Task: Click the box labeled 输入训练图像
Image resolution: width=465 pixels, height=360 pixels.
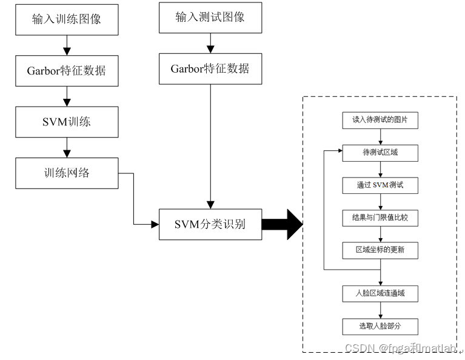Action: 67,18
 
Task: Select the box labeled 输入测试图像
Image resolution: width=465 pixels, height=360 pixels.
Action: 210,17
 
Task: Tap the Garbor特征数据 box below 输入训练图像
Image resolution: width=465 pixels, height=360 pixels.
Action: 67,70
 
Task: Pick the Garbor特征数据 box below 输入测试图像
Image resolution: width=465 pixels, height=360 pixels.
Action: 210,68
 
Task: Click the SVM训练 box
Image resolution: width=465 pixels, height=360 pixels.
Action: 67,121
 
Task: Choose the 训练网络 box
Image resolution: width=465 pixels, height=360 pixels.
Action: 67,173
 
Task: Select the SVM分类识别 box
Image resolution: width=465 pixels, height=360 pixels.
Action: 210,225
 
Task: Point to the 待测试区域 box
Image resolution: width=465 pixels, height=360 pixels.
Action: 380,153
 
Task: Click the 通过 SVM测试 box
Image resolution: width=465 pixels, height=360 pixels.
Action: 380,185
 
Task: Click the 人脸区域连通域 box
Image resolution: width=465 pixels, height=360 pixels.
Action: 380,294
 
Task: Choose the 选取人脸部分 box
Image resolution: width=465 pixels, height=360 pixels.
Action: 380,327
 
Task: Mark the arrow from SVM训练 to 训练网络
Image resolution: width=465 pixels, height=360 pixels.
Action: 67,147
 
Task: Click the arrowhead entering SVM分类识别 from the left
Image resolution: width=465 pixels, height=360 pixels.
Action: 155,225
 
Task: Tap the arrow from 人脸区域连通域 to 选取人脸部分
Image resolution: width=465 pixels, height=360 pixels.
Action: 380,310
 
